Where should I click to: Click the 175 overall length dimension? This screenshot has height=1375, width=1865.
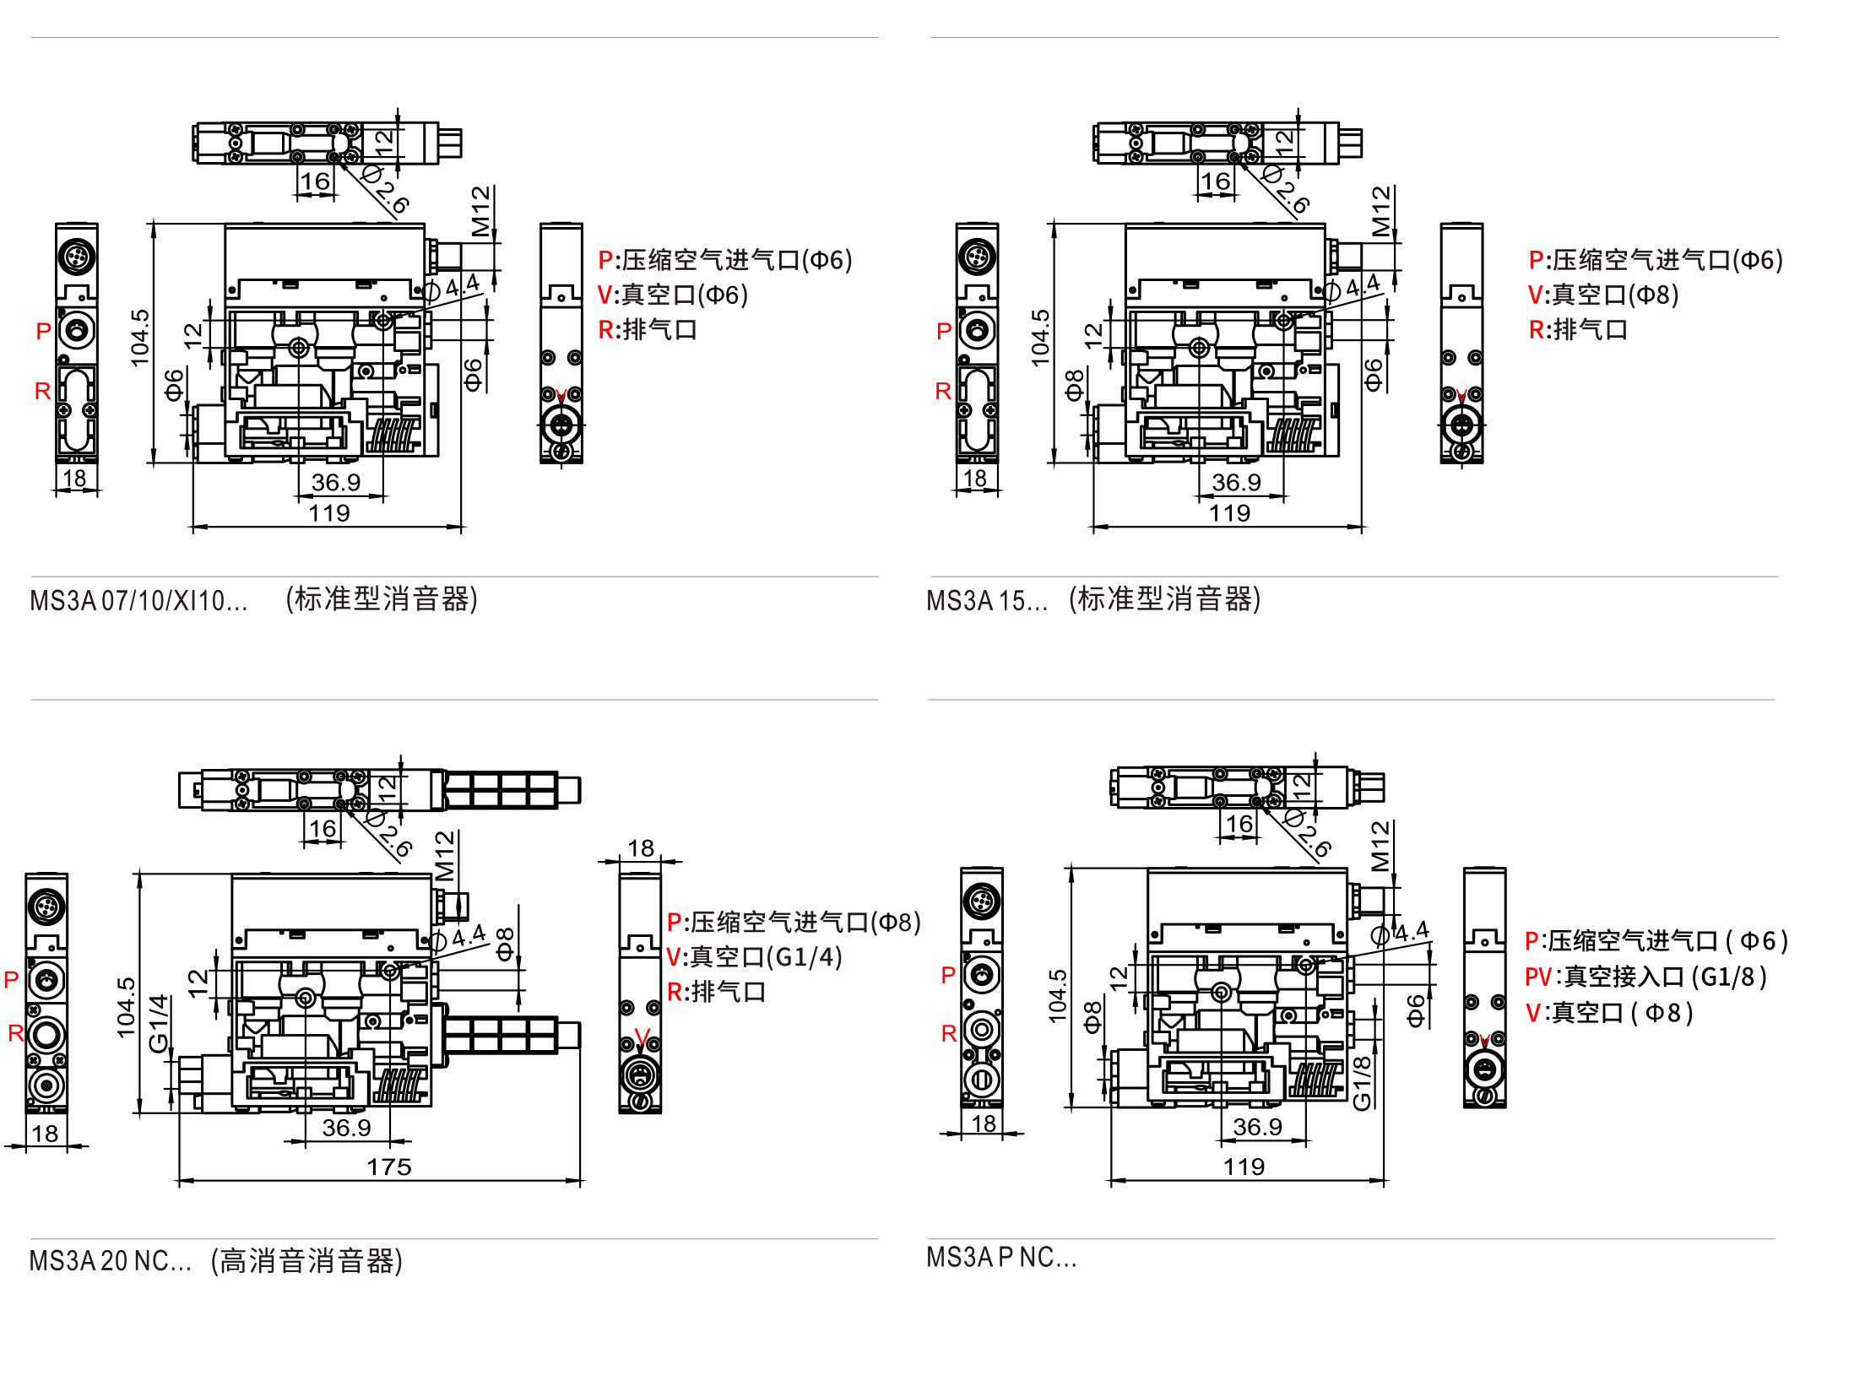click(388, 1167)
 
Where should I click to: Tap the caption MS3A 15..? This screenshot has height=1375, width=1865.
click(986, 601)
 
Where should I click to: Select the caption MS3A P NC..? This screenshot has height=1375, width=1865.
click(1001, 1258)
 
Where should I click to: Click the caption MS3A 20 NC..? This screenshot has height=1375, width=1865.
click(110, 1261)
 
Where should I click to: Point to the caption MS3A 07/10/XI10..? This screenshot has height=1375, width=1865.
click(138, 601)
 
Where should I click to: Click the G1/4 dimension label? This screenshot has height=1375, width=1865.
click(159, 1023)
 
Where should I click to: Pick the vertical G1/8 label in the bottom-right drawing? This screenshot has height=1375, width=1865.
click(1362, 1084)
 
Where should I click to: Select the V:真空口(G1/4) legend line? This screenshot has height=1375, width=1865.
click(754, 957)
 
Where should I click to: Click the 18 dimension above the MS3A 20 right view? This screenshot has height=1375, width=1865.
click(641, 848)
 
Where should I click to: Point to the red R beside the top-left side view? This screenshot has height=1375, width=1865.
click(42, 391)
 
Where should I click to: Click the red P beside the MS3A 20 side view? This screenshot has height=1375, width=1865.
click(11, 980)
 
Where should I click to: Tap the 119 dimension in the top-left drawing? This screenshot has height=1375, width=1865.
click(328, 513)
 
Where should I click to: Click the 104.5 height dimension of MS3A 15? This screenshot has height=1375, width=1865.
click(1040, 338)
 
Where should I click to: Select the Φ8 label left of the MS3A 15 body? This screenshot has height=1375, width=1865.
click(1074, 385)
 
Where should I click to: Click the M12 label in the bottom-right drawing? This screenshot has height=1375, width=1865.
click(1380, 846)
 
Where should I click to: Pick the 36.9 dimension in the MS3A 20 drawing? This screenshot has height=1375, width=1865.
click(346, 1128)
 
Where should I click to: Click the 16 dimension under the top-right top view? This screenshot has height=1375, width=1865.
click(1215, 181)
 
